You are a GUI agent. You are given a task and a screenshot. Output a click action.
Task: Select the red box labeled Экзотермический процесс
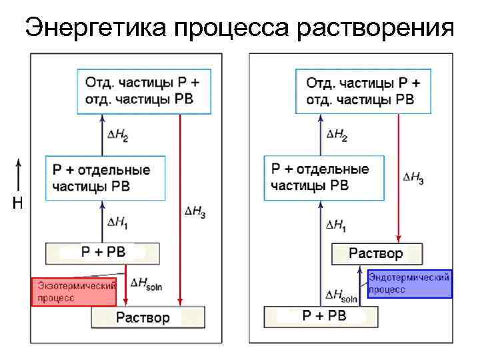[x=74, y=291]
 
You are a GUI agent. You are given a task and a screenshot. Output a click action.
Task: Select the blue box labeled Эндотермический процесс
[x=409, y=283]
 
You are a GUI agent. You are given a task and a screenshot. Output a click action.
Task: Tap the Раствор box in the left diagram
[x=148, y=317]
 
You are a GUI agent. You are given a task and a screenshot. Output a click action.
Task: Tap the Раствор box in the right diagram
[x=377, y=253]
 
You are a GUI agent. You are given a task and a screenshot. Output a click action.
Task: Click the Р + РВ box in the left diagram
[x=103, y=253]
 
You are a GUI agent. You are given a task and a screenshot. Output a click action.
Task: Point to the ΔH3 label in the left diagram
[x=195, y=211]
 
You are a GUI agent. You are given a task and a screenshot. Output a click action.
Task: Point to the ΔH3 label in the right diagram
[x=413, y=178]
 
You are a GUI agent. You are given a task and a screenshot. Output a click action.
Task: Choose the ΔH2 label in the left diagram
[x=118, y=135]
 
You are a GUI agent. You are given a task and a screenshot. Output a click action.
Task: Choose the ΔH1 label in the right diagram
[x=336, y=225]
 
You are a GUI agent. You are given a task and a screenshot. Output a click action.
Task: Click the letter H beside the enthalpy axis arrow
[x=18, y=204]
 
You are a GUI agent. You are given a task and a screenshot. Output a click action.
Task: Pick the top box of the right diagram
[x=364, y=91]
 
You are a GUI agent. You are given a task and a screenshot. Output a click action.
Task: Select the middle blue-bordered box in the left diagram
[x=105, y=177]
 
